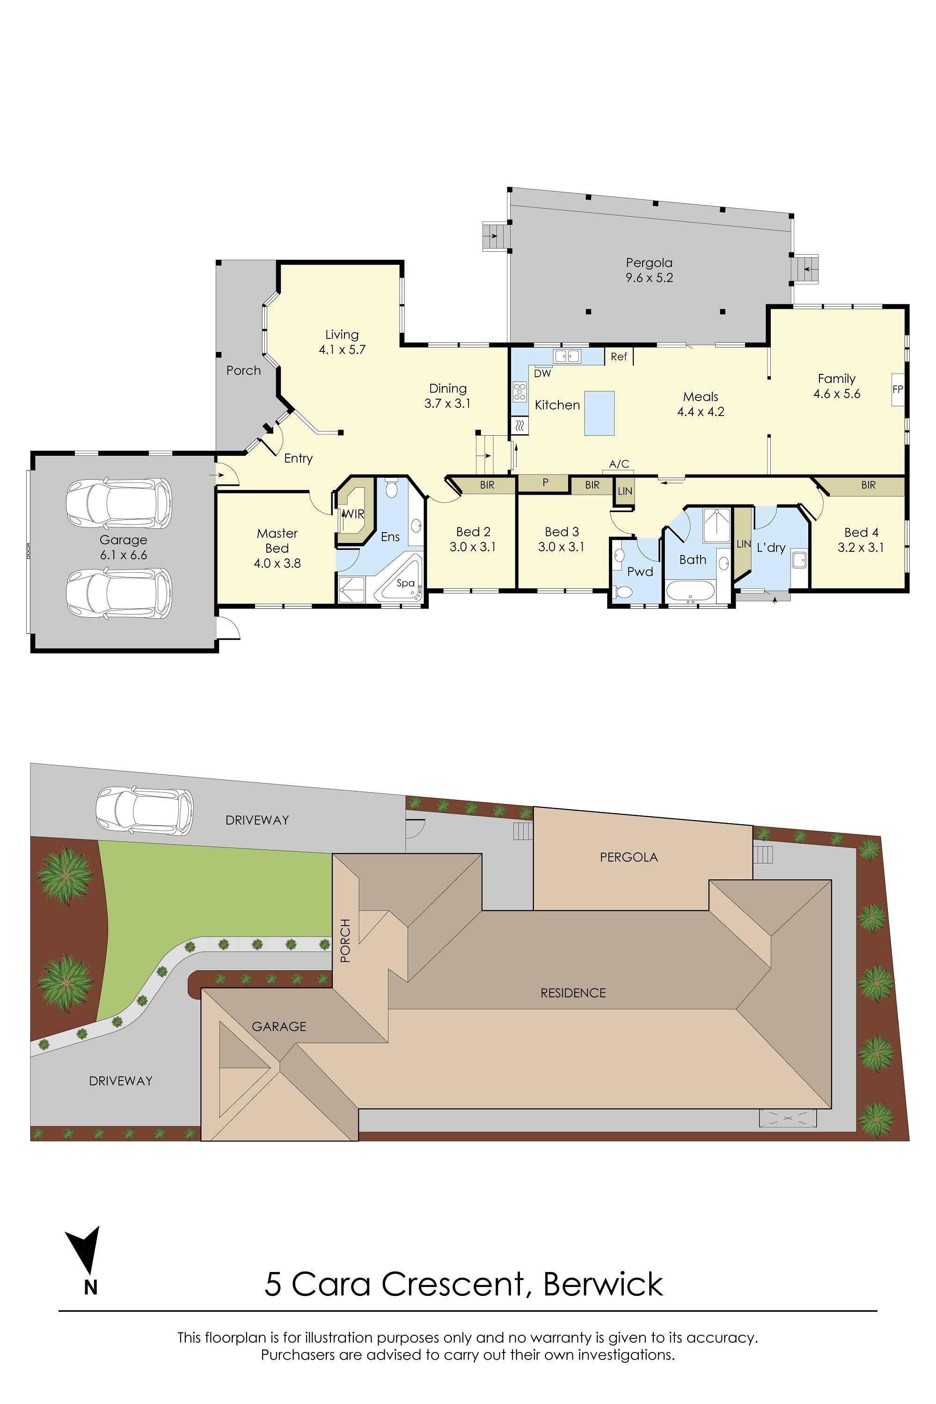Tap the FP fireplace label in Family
click(897, 389)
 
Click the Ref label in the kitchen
click(618, 356)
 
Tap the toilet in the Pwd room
click(622, 592)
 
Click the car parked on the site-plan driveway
click(145, 811)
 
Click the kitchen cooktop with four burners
click(519, 391)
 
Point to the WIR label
click(353, 513)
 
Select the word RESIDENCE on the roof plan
click(573, 993)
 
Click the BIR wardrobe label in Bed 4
click(868, 485)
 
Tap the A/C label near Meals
click(619, 464)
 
